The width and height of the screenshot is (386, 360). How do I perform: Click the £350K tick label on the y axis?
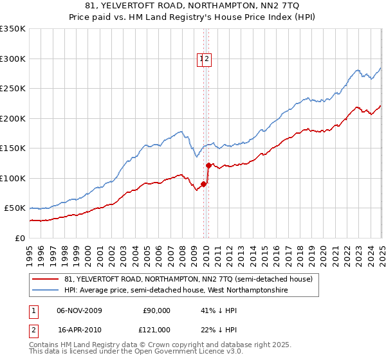tap(13, 29)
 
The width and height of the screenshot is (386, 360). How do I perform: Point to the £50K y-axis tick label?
tap(15, 208)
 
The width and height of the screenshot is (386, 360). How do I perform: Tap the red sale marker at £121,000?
tap(208, 165)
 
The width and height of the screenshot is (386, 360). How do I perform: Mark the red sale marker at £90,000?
tap(203, 184)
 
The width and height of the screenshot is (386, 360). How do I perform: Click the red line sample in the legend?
tap(46, 280)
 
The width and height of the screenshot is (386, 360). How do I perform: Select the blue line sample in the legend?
tap(46, 291)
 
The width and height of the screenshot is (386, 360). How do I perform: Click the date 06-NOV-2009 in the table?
tap(80, 310)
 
